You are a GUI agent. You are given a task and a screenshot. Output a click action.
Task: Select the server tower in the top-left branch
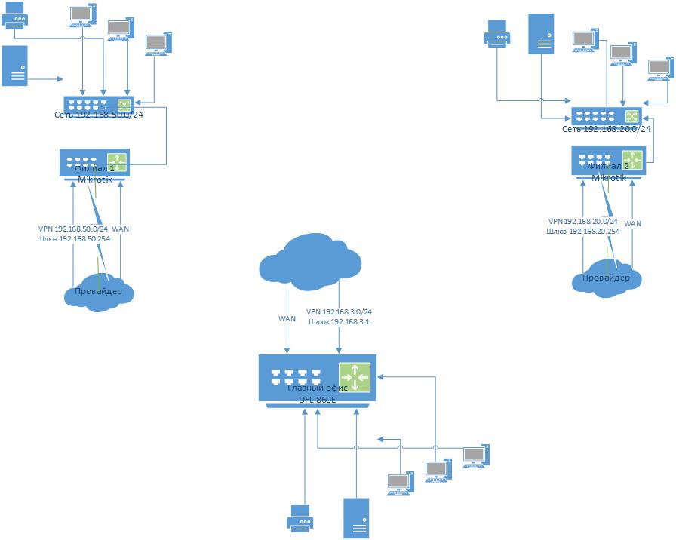(15, 66)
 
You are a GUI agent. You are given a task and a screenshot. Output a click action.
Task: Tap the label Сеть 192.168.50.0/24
(99, 115)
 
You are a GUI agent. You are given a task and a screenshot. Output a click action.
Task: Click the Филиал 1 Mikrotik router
(95, 163)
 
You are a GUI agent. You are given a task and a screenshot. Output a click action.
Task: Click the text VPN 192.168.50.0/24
(74, 229)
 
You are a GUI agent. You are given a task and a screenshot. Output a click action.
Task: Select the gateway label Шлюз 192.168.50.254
(73, 238)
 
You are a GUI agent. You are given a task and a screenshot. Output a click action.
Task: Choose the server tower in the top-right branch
(540, 33)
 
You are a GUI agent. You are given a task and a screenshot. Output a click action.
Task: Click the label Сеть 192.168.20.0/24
(607, 130)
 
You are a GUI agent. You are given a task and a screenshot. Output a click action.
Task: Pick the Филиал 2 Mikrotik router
(607, 161)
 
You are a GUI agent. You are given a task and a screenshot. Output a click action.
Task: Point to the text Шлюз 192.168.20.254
(584, 232)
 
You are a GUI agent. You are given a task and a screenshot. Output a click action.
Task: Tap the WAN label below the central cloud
(287, 319)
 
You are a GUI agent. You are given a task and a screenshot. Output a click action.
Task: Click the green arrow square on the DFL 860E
(355, 377)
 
